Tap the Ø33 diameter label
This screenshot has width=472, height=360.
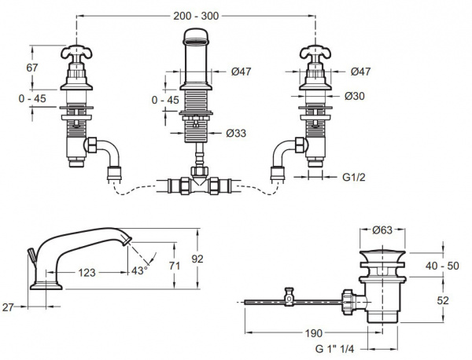(234, 133)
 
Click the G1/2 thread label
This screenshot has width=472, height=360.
(356, 178)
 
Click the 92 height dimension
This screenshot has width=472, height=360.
(207, 259)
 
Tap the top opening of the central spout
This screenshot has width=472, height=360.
(197, 34)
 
